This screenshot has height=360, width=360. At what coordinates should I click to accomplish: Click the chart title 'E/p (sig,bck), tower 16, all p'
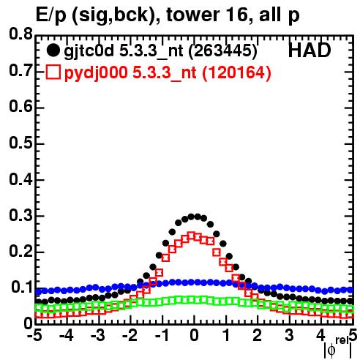(168, 15)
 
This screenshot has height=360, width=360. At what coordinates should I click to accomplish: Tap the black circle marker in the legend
(53, 50)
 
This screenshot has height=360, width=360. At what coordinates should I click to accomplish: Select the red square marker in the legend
(53, 72)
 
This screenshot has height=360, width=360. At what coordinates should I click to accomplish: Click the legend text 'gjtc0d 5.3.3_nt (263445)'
(160, 51)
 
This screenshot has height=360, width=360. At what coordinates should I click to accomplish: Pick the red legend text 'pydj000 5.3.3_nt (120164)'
(168, 73)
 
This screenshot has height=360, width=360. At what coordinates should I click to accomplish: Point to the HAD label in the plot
(310, 50)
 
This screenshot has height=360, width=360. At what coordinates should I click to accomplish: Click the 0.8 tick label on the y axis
(20, 34)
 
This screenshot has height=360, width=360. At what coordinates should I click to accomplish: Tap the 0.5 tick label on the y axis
(20, 143)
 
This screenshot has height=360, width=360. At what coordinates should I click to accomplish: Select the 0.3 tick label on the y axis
(20, 215)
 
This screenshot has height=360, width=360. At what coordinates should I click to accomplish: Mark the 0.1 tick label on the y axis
(22, 288)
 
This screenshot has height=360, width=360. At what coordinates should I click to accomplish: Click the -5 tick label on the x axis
(34, 335)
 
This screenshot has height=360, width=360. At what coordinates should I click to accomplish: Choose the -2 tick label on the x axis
(130, 335)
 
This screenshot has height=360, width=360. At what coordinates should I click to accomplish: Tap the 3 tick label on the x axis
(289, 335)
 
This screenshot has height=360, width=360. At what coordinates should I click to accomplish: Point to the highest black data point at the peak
(191, 217)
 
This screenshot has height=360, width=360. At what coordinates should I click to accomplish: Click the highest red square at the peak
(192, 236)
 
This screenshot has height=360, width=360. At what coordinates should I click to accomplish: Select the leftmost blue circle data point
(38, 291)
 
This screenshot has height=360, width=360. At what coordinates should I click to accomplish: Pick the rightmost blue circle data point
(350, 290)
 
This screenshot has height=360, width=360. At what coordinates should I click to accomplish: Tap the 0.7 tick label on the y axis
(20, 70)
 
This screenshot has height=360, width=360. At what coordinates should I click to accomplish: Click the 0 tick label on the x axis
(194, 335)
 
